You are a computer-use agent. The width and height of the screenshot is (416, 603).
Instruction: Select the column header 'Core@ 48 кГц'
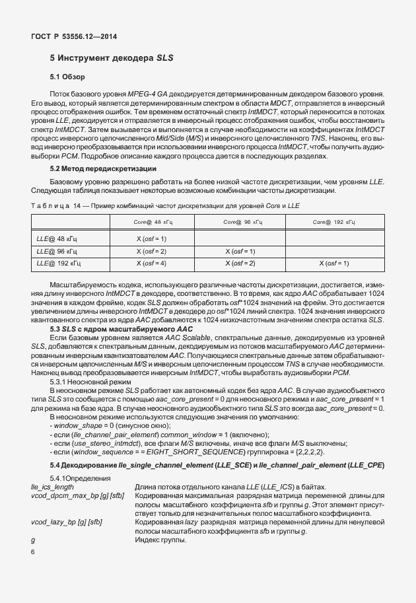152,222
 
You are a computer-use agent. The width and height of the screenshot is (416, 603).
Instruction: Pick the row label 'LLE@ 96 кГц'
57,251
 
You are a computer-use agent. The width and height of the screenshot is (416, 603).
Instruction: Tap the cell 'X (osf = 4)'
151,264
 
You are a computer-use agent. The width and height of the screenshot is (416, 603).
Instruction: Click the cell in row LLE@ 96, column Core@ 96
240,251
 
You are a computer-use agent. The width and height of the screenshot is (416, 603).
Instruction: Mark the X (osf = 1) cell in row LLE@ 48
151,238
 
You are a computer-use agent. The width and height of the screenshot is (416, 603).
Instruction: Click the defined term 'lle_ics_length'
53,487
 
